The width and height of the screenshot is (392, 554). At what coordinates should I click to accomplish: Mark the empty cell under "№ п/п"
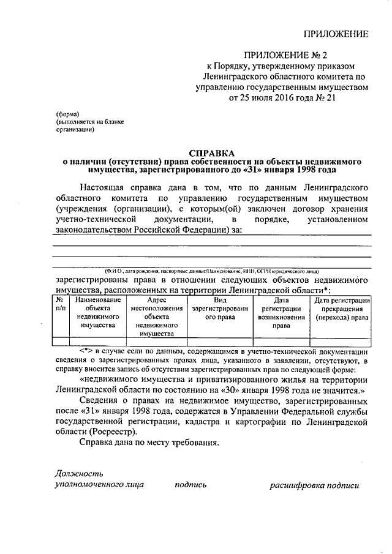coord(60,342)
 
